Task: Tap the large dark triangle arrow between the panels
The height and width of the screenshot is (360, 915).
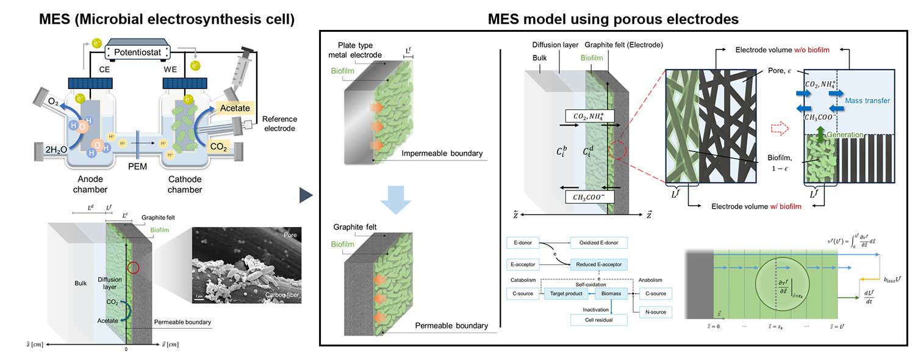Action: click(x=306, y=195)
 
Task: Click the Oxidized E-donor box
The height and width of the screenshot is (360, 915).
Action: click(x=598, y=243)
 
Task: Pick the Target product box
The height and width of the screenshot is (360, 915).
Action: click(x=566, y=293)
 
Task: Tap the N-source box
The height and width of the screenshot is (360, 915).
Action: click(x=656, y=312)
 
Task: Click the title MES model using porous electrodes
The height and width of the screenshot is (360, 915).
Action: click(x=613, y=19)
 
